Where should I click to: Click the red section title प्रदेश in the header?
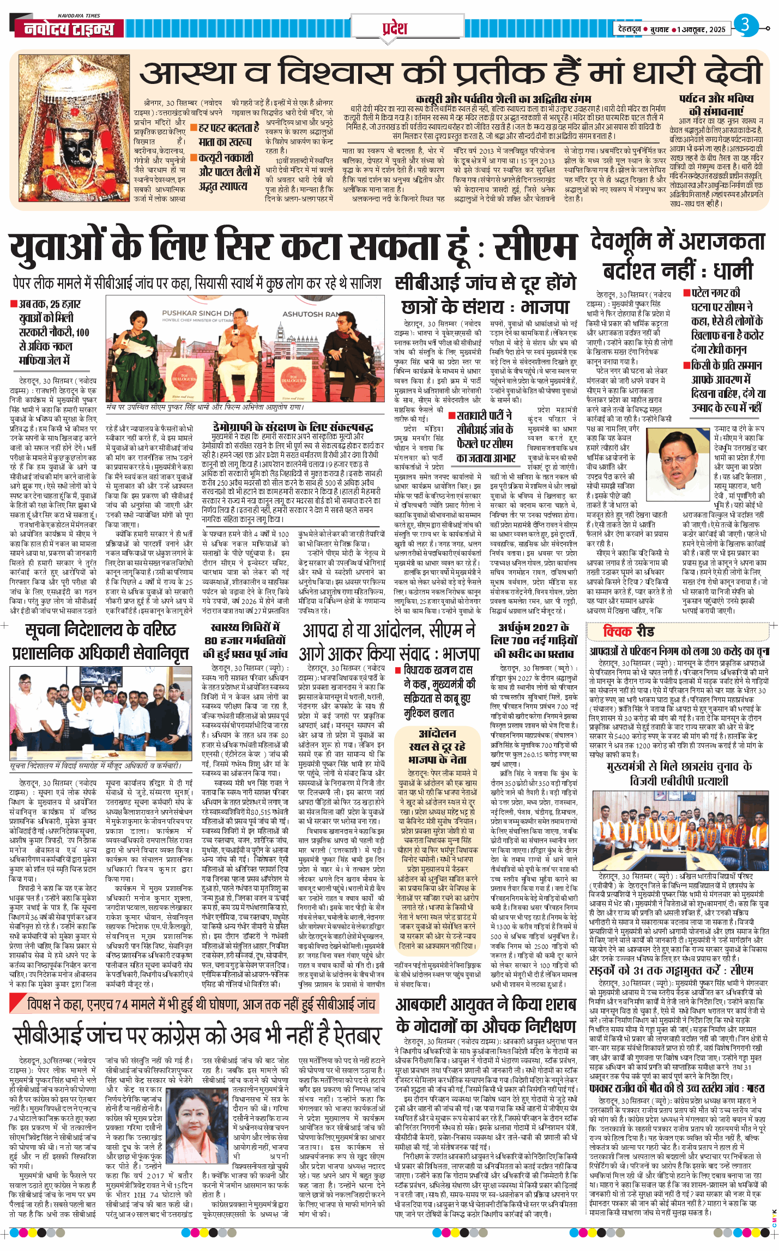(394, 27)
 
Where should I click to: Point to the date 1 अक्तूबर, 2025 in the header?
(702, 29)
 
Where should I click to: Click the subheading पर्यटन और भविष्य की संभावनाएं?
(716, 105)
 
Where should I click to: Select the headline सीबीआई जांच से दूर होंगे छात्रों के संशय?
(485, 295)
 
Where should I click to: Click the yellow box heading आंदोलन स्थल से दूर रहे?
(437, 746)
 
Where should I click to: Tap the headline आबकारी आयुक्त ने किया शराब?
(486, 1004)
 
